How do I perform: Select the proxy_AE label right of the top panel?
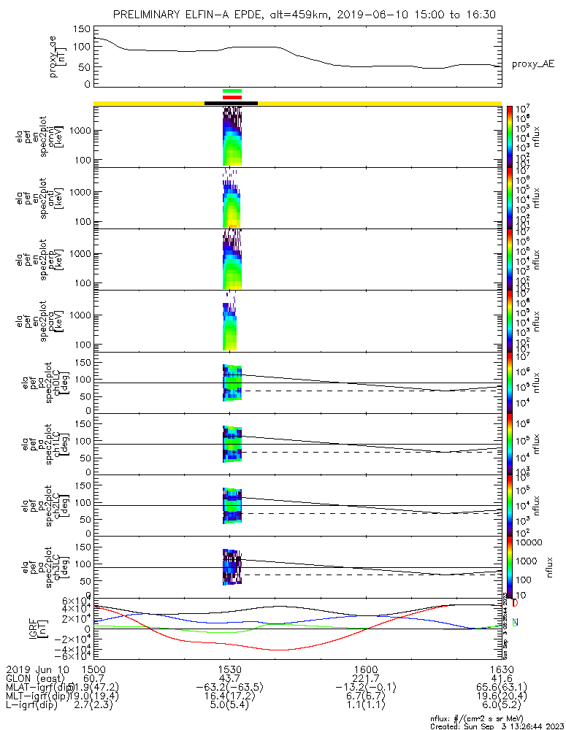[532, 64]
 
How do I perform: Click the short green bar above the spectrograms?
[232, 91]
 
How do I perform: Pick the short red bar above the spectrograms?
[232, 97]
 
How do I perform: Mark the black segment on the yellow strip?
[231, 103]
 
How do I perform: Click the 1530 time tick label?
[230, 668]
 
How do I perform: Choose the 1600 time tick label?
[366, 668]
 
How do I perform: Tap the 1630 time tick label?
[502, 668]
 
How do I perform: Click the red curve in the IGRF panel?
[278, 649]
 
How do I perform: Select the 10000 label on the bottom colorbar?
[530, 543]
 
